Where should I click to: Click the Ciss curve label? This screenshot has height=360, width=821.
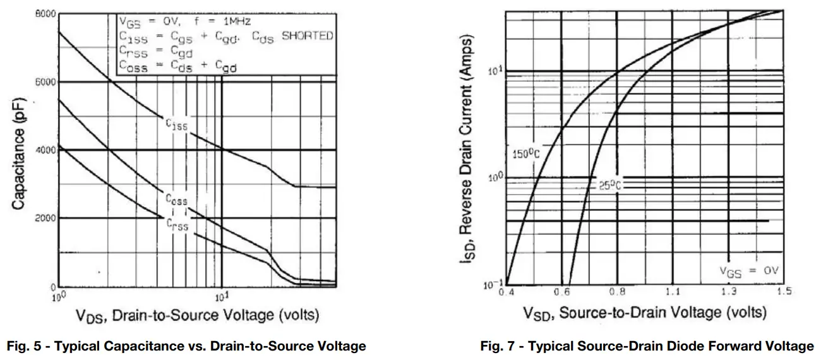pyautogui.click(x=177, y=125)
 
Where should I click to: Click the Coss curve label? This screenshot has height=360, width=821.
pyautogui.click(x=177, y=200)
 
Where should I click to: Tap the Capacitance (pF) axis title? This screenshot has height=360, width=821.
pyautogui.click(x=18, y=151)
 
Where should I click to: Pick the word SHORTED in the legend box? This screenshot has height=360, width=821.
pyautogui.click(x=307, y=36)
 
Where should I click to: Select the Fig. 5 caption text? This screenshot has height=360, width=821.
pyautogui.click(x=186, y=346)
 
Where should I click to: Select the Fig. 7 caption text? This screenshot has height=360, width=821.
pyautogui.click(x=647, y=346)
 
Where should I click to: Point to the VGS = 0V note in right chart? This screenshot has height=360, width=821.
pyautogui.click(x=749, y=271)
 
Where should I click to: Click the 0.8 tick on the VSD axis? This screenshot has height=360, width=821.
pyautogui.click(x=617, y=292)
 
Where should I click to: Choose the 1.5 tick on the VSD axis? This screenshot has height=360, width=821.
pyautogui.click(x=784, y=292)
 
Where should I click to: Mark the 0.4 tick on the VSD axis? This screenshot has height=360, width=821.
pyautogui.click(x=506, y=292)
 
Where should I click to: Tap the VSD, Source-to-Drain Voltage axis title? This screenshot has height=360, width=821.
pyautogui.click(x=644, y=313)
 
